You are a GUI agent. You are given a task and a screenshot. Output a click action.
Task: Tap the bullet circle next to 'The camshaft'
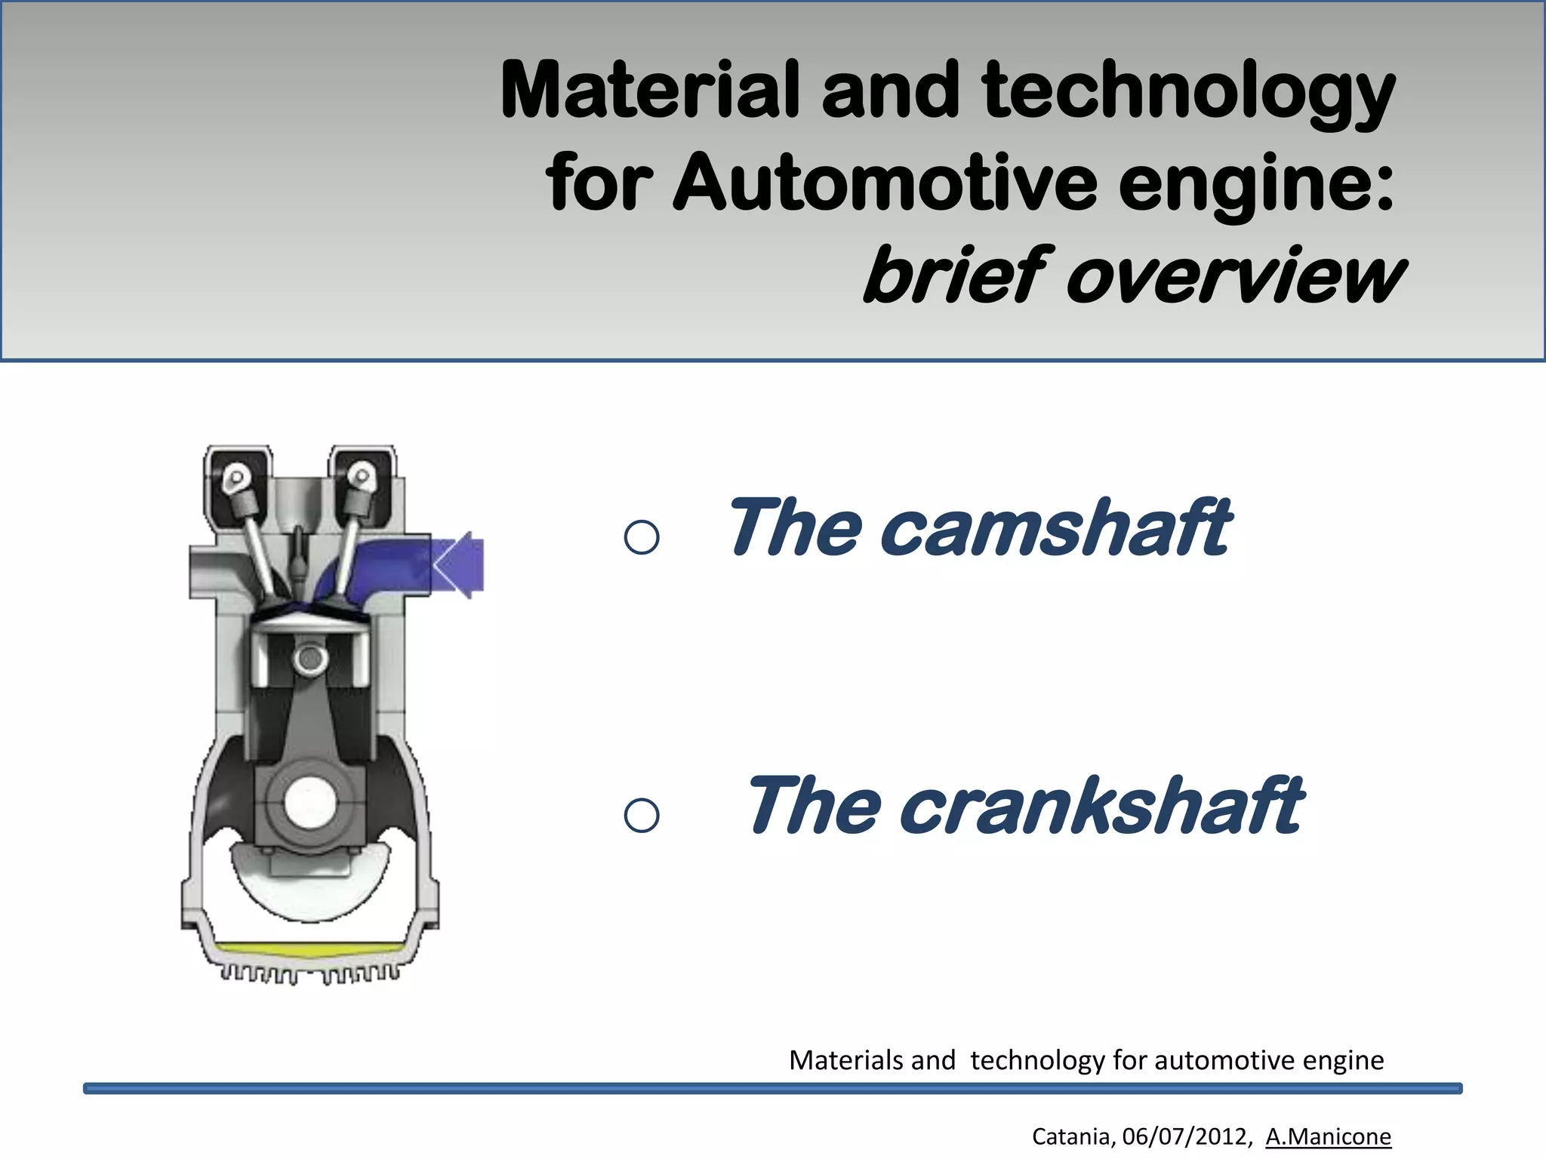coord(642,537)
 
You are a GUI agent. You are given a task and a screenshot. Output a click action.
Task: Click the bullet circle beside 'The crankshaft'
coord(642,816)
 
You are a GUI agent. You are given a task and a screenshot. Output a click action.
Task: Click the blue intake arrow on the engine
coord(459,565)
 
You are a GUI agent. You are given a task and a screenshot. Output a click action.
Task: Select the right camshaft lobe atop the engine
coord(362,477)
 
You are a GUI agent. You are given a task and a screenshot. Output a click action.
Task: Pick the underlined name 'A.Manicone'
coord(1328,1136)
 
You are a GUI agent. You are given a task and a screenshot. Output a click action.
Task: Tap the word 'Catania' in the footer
coord(1070,1136)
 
